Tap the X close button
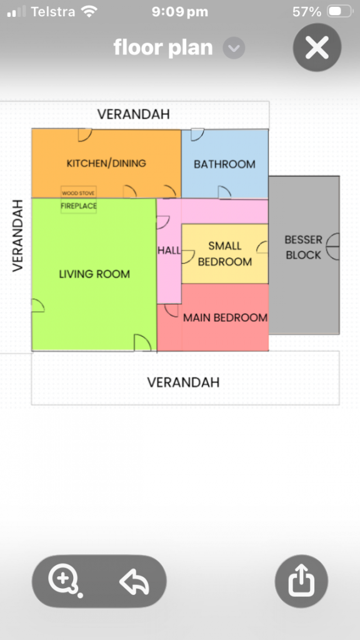[x=317, y=47]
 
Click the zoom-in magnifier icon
[x=64, y=581]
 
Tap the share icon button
[x=301, y=581]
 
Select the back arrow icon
[x=134, y=581]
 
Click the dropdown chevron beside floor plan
[x=234, y=48]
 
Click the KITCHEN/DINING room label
[x=106, y=163]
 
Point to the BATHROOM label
[x=224, y=164]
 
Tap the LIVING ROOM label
[x=94, y=274]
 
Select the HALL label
[x=169, y=250]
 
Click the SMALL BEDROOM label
[x=225, y=254]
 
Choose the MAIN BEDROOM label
[x=225, y=317]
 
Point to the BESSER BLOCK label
[x=303, y=247]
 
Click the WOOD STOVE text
[x=78, y=193]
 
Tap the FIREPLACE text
[x=79, y=206]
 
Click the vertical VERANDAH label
[x=17, y=236]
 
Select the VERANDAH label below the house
[x=183, y=382]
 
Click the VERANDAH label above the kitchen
[x=134, y=114]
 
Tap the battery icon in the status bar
[x=340, y=11]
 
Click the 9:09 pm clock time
[x=180, y=12]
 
